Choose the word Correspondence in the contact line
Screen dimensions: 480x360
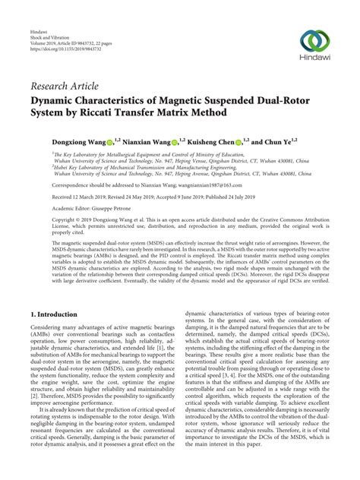[52, 183]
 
